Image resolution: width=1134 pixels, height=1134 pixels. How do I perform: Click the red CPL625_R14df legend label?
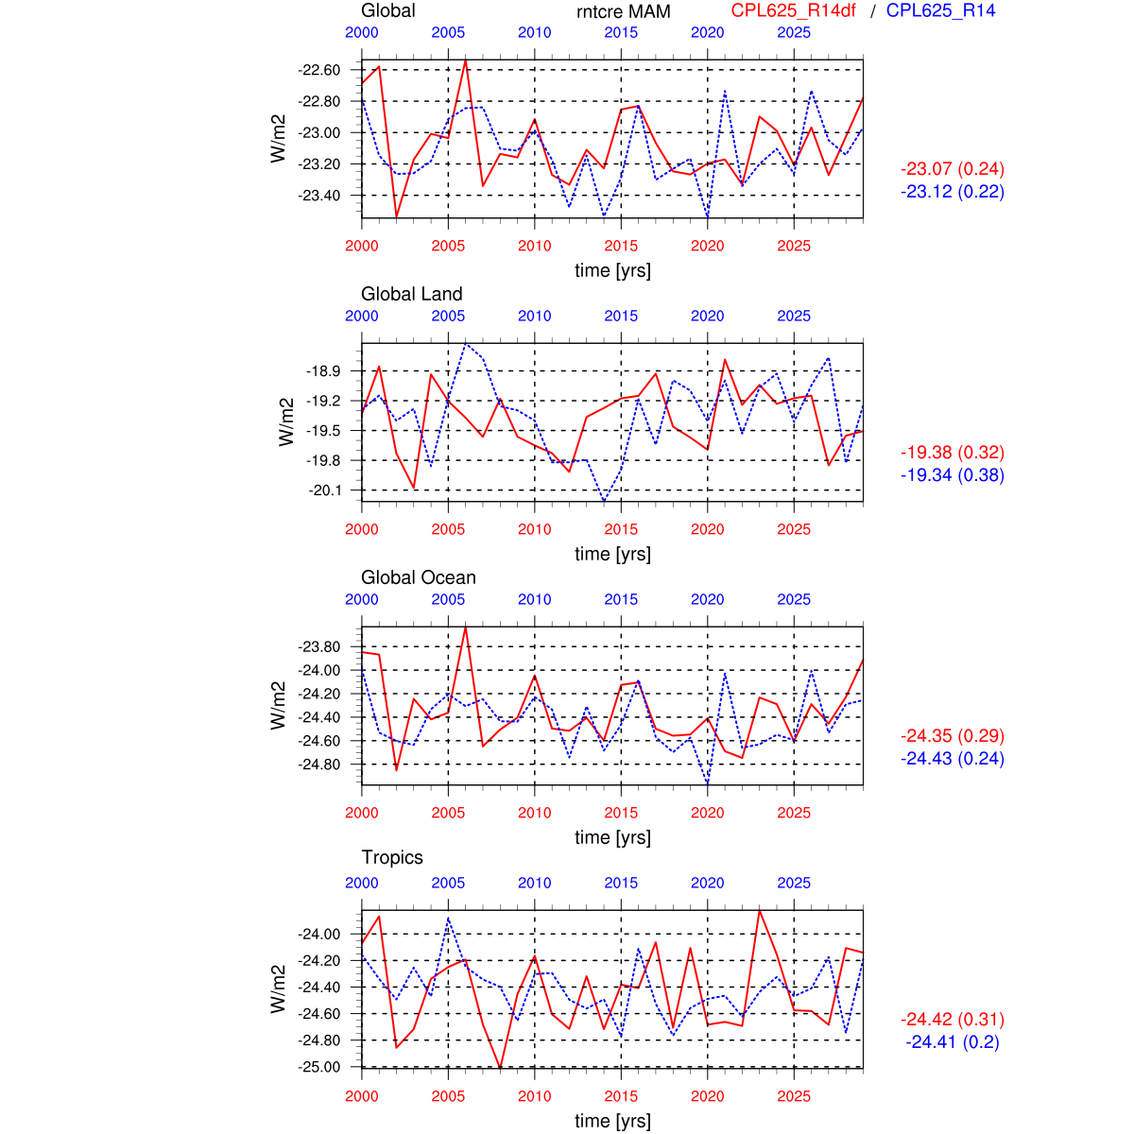(x=793, y=11)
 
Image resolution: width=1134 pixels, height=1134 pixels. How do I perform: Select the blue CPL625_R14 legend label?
(x=940, y=11)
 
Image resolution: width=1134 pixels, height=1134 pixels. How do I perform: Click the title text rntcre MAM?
(x=623, y=12)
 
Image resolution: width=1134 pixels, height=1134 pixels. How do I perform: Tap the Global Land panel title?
(x=411, y=294)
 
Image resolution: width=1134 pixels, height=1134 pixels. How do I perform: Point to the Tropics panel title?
(x=392, y=857)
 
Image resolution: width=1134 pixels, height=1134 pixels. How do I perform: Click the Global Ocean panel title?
(x=418, y=577)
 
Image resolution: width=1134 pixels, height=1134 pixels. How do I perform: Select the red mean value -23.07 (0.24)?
(x=952, y=169)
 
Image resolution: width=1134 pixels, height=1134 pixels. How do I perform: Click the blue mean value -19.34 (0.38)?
(x=952, y=475)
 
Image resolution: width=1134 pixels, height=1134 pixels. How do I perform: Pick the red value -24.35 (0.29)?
(x=952, y=736)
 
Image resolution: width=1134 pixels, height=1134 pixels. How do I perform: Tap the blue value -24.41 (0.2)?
(x=952, y=1042)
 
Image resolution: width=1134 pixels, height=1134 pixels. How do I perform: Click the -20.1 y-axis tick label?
(x=324, y=490)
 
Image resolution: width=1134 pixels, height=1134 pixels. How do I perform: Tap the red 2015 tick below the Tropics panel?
(x=621, y=1096)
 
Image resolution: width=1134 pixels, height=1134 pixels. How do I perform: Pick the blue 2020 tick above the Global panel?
(x=707, y=33)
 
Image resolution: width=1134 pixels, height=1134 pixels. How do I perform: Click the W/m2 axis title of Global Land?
(x=286, y=421)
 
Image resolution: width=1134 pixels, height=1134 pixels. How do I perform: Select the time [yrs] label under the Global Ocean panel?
(x=612, y=837)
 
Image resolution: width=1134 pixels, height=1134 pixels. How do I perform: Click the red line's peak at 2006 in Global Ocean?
(x=466, y=627)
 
